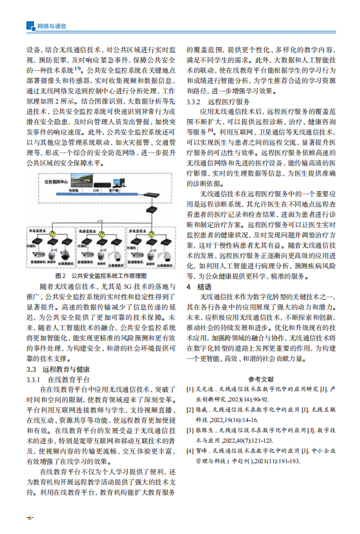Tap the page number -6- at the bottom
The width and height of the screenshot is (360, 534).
click(x=30, y=517)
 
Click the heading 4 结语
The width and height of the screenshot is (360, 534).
click(x=198, y=284)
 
